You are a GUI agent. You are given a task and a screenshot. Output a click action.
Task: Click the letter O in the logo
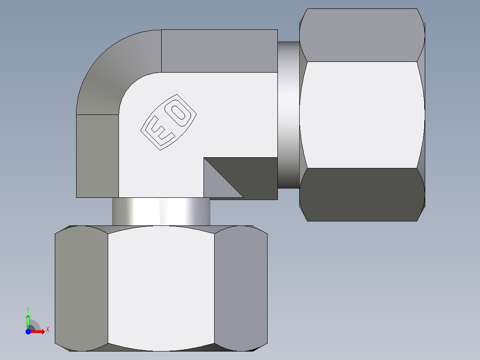click(179, 113)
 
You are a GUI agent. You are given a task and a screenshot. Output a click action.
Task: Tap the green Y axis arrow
click(28, 320)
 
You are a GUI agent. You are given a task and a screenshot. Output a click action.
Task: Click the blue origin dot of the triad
click(28, 331)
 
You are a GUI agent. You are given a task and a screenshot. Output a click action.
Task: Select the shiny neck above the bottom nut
click(161, 212)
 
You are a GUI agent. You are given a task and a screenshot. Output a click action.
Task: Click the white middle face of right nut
click(362, 115)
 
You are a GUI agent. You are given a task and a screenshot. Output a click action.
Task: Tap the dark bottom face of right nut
click(362, 194)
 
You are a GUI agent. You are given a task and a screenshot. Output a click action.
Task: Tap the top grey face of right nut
click(362, 35)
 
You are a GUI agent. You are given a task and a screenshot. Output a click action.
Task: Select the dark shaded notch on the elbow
click(249, 172)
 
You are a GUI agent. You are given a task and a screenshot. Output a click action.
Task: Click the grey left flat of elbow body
click(97, 156)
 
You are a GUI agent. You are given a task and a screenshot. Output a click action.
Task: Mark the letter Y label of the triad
click(28, 309)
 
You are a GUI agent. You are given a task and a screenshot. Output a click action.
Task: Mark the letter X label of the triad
click(47, 329)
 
